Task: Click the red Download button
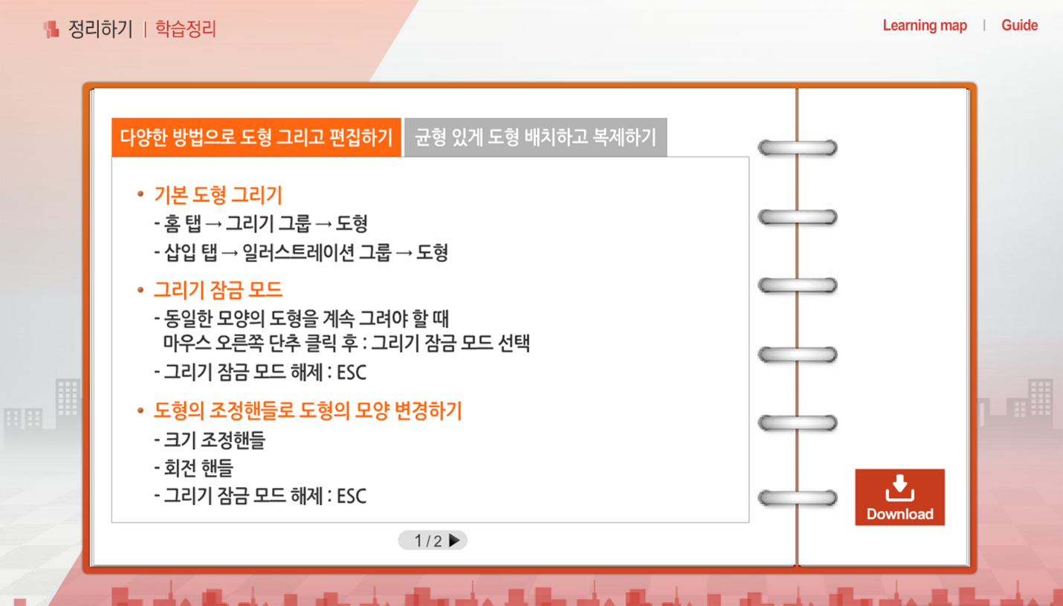point(899,497)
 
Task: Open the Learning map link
point(925,25)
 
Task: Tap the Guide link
point(1019,25)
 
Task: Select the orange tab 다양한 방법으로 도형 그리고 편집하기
point(256,137)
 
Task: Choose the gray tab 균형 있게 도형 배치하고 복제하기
point(535,137)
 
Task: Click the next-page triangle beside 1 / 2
point(454,541)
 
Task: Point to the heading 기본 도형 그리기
point(218,195)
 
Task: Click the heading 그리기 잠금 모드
point(218,289)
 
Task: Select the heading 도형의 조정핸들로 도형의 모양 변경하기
point(308,410)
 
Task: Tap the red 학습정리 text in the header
point(186,29)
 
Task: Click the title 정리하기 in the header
point(100,29)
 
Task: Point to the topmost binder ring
point(797,147)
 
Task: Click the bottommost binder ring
point(797,497)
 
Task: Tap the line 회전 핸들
point(193,468)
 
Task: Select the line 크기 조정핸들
point(210,440)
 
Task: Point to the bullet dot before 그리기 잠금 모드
point(140,290)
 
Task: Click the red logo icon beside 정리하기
point(51,30)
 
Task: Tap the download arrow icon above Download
point(899,487)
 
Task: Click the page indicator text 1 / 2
point(428,541)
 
